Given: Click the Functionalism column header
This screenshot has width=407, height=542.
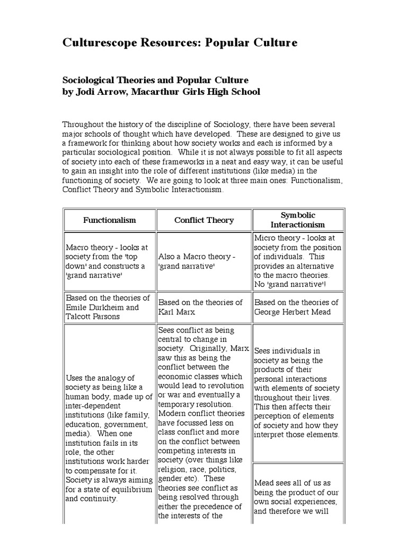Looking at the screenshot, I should (110, 220).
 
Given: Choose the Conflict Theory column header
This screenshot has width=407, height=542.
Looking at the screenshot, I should (204, 220).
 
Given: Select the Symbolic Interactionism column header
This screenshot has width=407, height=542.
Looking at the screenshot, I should (297, 220).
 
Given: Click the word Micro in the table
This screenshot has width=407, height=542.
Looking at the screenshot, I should (266, 238).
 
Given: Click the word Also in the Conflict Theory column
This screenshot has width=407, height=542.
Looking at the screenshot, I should (167, 256).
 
